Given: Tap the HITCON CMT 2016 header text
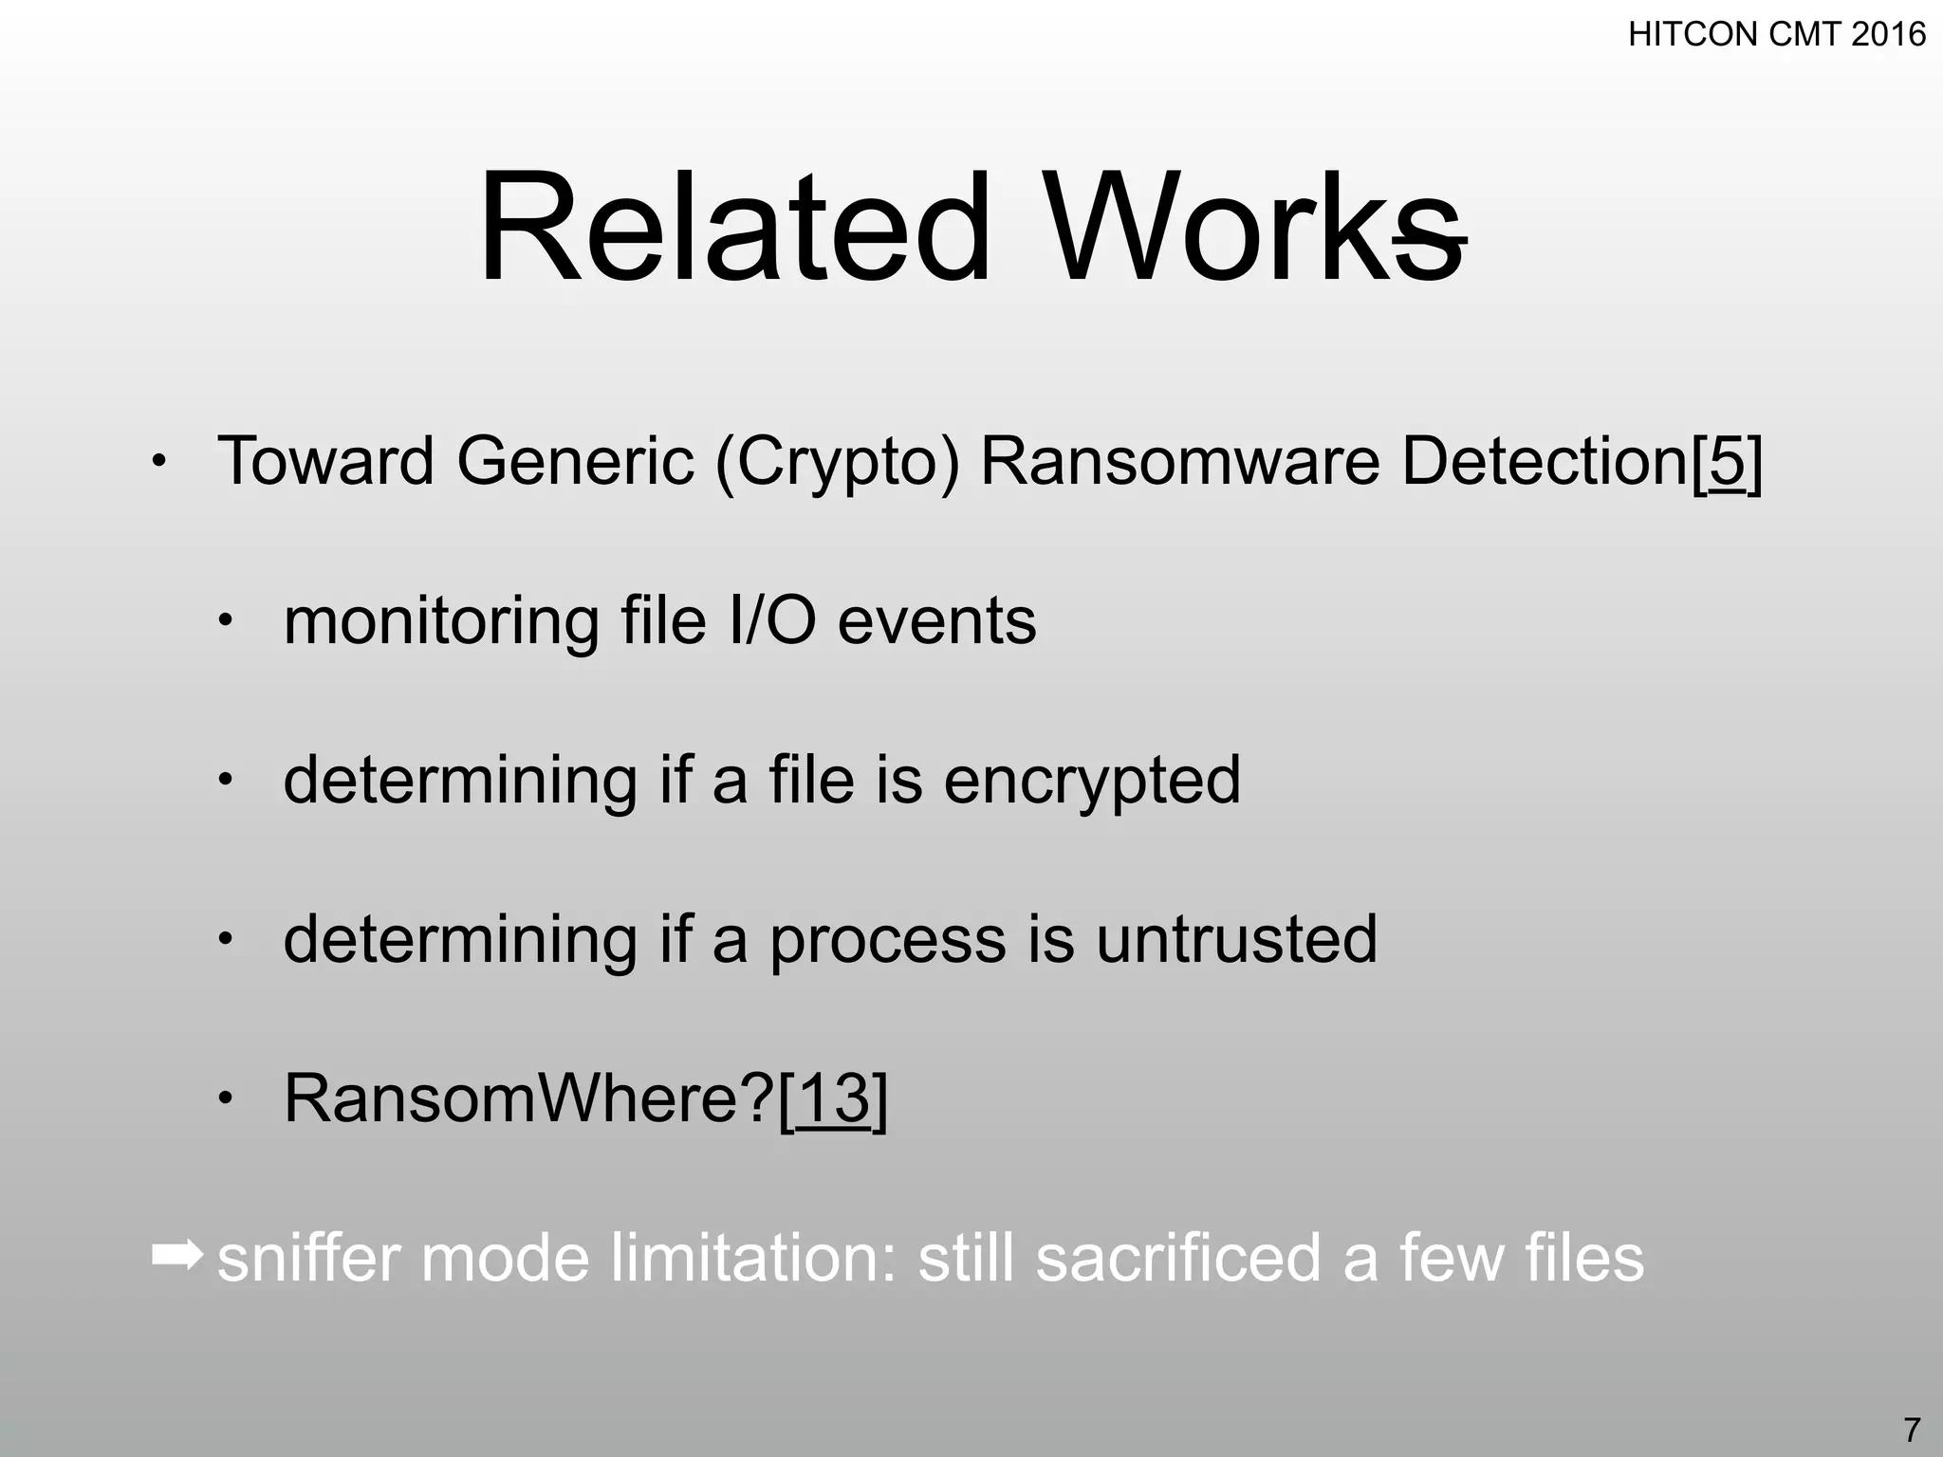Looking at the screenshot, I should point(1777,35).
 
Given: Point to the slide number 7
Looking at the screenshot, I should point(1912,1429).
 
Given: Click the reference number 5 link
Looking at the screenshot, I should point(1728,462).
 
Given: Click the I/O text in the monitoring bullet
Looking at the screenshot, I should point(772,621).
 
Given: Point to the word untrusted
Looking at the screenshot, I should point(1236,939).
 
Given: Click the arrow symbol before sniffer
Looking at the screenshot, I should point(176,1256).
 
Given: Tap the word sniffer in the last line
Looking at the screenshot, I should point(309,1258).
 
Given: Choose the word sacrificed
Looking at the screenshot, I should point(1178,1258).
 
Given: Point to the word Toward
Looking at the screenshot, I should point(325,462).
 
